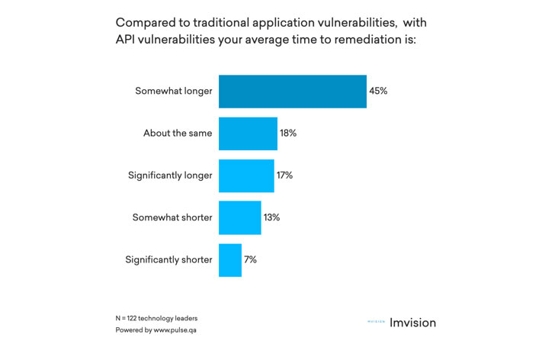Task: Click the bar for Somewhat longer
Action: pyautogui.click(x=292, y=92)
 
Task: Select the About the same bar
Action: pyautogui.click(x=248, y=133)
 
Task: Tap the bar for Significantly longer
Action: pyautogui.click(x=246, y=175)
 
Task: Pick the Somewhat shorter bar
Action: pyautogui.click(x=239, y=217)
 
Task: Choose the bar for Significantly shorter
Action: pyautogui.click(x=230, y=259)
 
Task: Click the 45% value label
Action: pyautogui.click(x=378, y=92)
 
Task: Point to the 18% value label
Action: pyautogui.click(x=287, y=133)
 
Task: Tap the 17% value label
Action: pyautogui.click(x=284, y=175)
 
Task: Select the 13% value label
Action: pyautogui.click(x=271, y=217)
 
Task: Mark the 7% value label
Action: pyautogui.click(x=250, y=259)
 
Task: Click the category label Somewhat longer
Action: pyautogui.click(x=173, y=92)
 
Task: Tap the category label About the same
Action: pyautogui.click(x=178, y=133)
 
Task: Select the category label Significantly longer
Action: pyautogui.click(x=170, y=175)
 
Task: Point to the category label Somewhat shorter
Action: pyautogui.click(x=172, y=217)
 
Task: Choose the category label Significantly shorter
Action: pyautogui.click(x=168, y=259)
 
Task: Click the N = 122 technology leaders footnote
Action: pyautogui.click(x=156, y=318)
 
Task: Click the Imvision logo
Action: pyautogui.click(x=402, y=323)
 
